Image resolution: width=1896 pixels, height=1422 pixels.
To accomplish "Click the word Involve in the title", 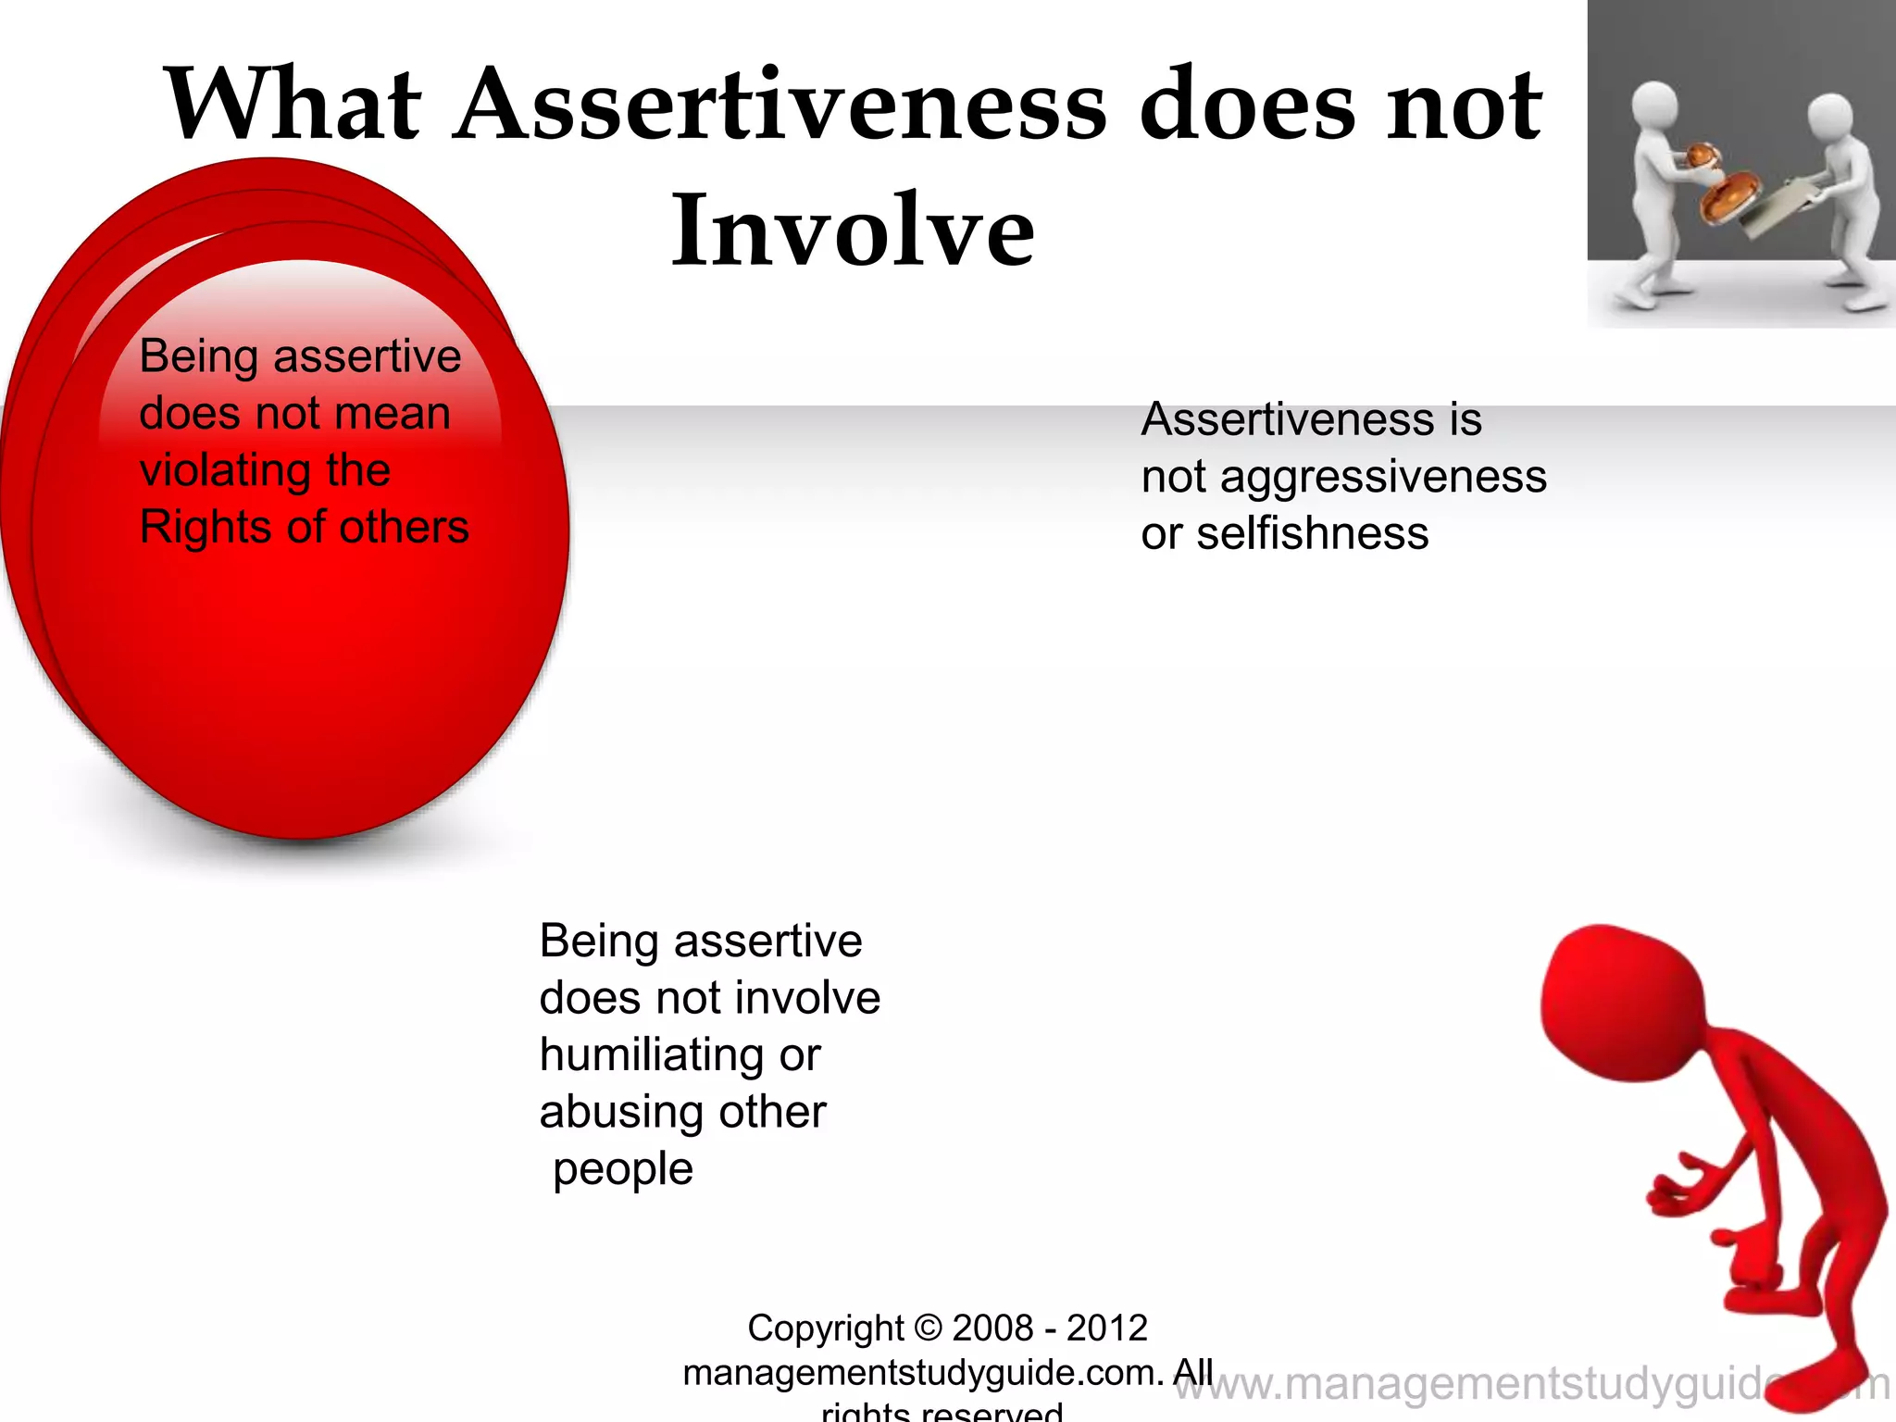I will click(x=852, y=230).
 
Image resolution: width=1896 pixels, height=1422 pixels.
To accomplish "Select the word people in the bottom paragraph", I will click(x=623, y=1169).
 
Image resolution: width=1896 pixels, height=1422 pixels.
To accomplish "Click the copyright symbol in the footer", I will click(x=928, y=1328).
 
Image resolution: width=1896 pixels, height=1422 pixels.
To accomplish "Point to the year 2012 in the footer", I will click(x=1106, y=1328).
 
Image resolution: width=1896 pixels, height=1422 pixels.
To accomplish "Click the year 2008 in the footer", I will click(x=992, y=1328).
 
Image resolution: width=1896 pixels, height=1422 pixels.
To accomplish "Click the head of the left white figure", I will click(x=1653, y=107).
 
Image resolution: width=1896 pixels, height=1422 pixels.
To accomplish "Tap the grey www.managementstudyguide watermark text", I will click(x=1481, y=1384).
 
